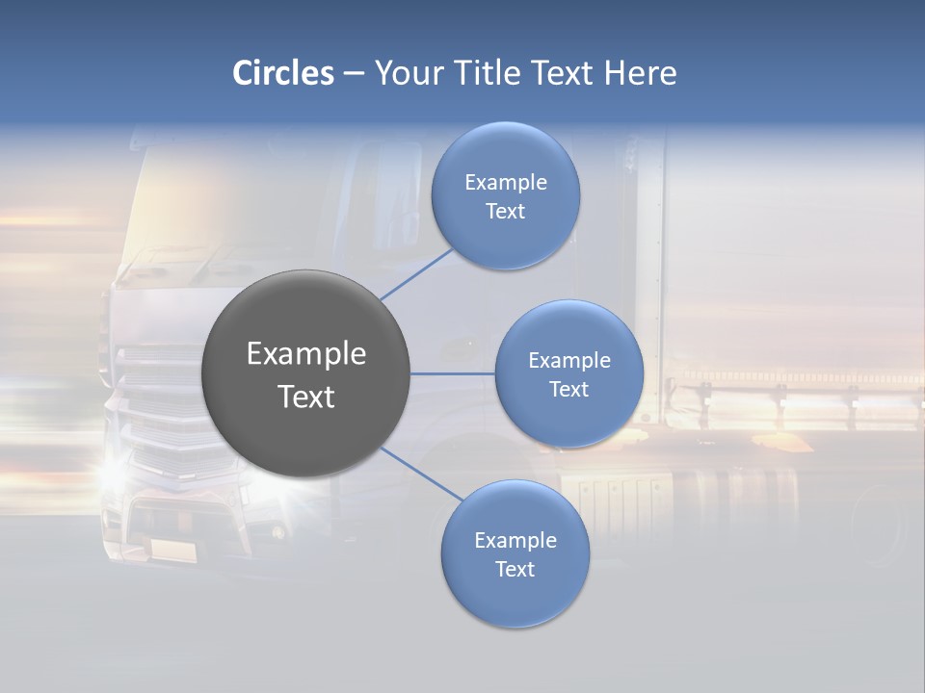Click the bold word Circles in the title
click(x=283, y=73)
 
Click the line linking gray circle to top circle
click(x=416, y=274)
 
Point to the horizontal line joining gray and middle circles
click(x=452, y=373)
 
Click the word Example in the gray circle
click(x=306, y=354)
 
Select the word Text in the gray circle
click(x=306, y=397)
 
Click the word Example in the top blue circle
click(x=506, y=182)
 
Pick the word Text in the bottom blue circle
click(x=515, y=569)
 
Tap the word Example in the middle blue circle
click(x=569, y=361)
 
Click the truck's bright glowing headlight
click(x=114, y=472)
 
